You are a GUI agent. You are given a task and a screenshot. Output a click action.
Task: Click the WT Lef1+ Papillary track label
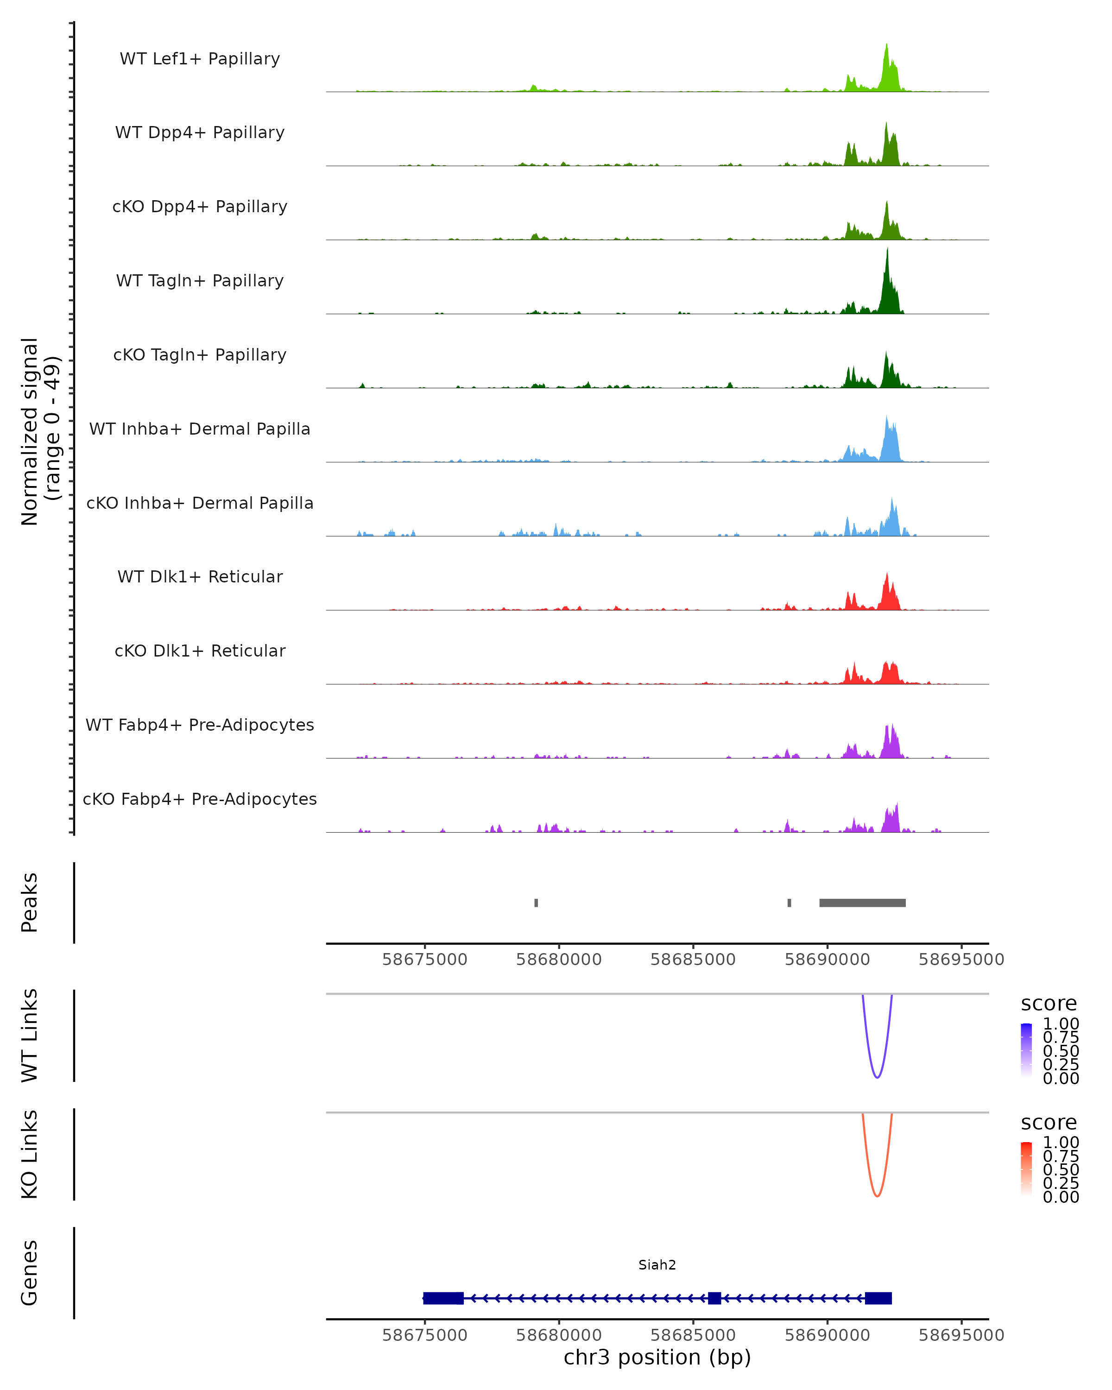pyautogui.click(x=200, y=59)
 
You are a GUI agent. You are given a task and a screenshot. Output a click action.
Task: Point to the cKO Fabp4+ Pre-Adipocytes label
pyautogui.click(x=200, y=799)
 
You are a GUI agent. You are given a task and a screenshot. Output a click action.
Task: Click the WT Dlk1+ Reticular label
pyautogui.click(x=200, y=576)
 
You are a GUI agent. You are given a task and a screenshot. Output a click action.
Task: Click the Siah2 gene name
pyautogui.click(x=657, y=1264)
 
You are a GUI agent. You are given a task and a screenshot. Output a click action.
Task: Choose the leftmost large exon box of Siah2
pyautogui.click(x=443, y=1298)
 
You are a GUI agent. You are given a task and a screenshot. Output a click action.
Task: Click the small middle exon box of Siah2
pyautogui.click(x=714, y=1298)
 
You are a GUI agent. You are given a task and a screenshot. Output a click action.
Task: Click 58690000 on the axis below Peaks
pyautogui.click(x=827, y=960)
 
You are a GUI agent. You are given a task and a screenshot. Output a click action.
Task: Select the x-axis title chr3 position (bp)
pyautogui.click(x=657, y=1357)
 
